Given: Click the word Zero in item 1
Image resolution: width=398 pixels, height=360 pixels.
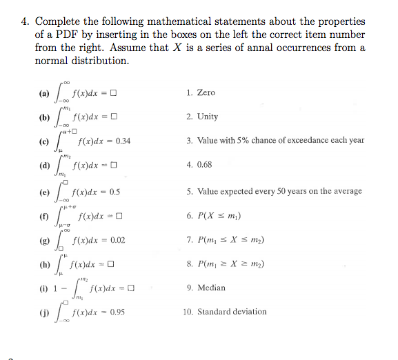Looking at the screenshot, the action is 206,92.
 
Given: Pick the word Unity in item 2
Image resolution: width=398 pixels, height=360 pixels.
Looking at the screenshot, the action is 208,117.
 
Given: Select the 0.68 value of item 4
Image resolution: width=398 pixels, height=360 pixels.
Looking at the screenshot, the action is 206,165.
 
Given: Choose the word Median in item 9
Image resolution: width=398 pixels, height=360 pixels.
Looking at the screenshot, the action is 211,288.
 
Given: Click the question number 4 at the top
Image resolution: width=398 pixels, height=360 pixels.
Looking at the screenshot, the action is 23,21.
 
